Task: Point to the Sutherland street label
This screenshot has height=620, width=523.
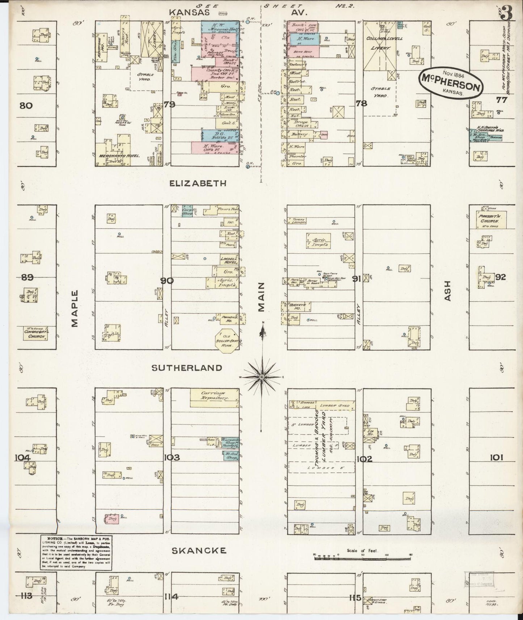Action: [187, 368]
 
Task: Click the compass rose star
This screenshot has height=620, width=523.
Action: [261, 377]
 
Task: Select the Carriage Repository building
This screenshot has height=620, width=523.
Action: [214, 398]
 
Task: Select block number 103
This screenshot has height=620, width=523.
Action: [172, 458]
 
